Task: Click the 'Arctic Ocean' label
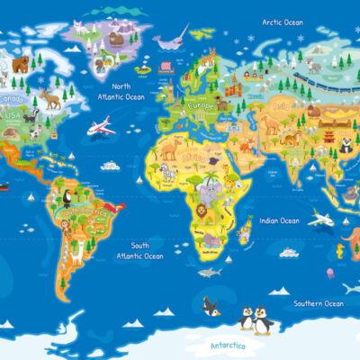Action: point(281,22)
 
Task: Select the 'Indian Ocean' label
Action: point(279,220)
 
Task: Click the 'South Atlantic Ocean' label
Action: point(139,250)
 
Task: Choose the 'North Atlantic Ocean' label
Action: point(121,92)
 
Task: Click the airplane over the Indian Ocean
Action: point(321,218)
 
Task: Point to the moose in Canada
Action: point(50,97)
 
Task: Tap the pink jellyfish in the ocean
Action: point(329,272)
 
